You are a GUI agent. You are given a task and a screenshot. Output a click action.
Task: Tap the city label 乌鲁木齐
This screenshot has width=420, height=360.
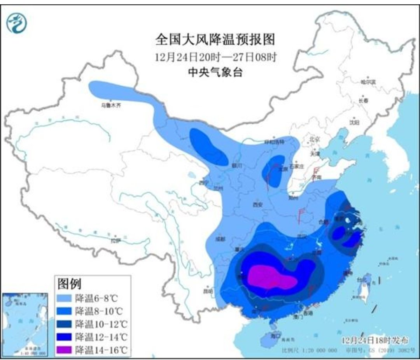tap(111, 105)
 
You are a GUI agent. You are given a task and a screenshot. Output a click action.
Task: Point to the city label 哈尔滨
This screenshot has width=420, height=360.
tap(367, 82)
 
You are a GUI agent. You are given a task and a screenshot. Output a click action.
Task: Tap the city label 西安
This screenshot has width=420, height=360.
tap(258, 204)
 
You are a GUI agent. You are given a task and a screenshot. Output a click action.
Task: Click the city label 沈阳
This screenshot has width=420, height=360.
tap(354, 122)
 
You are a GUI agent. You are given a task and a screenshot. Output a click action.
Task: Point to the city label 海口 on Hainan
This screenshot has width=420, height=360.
tap(275, 336)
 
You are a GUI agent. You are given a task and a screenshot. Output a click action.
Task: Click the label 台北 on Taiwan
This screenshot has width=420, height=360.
tap(361, 279)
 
